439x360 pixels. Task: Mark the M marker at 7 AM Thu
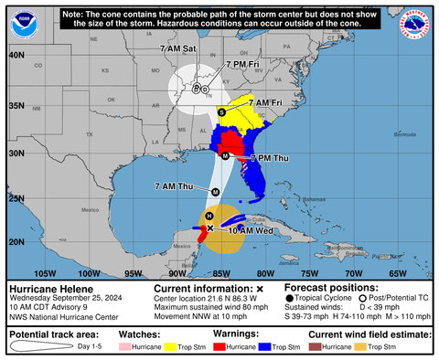215,192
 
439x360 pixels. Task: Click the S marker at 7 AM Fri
221,111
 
